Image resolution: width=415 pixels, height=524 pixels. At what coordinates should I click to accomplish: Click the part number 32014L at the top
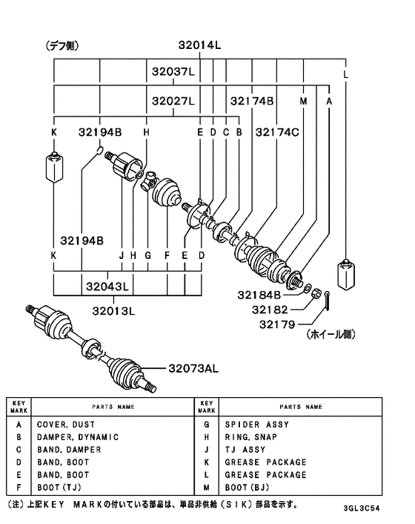[x=199, y=45]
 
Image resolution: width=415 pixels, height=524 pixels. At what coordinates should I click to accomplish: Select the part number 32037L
[x=173, y=71]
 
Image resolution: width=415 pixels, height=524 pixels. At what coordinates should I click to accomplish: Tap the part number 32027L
[x=173, y=101]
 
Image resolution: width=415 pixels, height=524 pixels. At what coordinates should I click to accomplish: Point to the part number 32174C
[x=277, y=132]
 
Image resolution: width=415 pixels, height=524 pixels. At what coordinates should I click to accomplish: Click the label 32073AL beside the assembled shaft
[x=193, y=369]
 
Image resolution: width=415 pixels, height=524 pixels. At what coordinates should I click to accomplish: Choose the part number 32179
[x=277, y=324]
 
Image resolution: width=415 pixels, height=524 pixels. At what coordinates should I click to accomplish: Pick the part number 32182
[x=270, y=310]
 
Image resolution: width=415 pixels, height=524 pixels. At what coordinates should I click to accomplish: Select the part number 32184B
[x=259, y=295]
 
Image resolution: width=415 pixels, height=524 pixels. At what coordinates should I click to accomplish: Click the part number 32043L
[x=107, y=286]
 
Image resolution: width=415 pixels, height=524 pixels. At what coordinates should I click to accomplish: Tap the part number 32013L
[x=114, y=311]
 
